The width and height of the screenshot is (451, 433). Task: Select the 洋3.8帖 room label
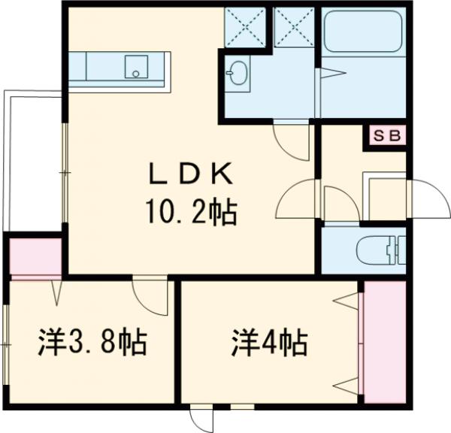(92, 344)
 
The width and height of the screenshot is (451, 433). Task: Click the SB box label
(388, 136)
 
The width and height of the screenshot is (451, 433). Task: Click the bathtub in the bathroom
(364, 34)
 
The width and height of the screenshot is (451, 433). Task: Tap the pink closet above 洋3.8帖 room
(35, 256)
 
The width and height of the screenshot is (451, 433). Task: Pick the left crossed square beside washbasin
(245, 26)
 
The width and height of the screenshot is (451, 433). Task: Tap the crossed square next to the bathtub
(294, 26)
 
